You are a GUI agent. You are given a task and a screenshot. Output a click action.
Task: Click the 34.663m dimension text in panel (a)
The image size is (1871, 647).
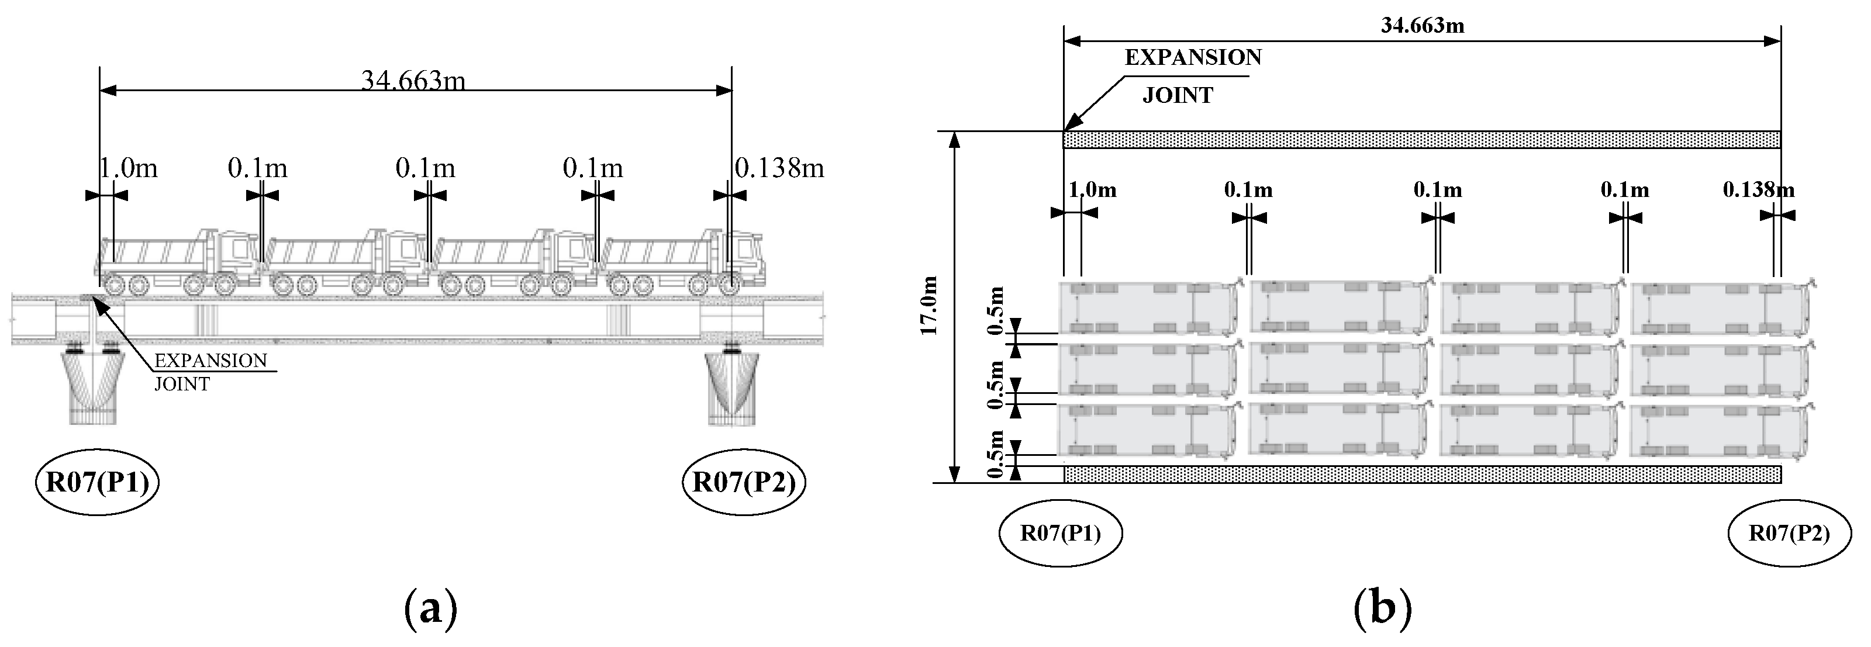pyautogui.click(x=413, y=80)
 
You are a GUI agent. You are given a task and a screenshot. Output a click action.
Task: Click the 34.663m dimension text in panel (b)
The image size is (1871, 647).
pyautogui.click(x=1422, y=26)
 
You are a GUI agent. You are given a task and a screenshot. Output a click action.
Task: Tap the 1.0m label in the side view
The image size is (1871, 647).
pyautogui.click(x=129, y=168)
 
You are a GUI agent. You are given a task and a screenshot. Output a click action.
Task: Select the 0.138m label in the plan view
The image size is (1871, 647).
pyautogui.click(x=1758, y=191)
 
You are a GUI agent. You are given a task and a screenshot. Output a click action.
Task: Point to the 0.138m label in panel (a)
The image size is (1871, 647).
pyautogui.click(x=779, y=168)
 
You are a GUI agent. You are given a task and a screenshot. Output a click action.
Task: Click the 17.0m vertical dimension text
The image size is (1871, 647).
pyautogui.click(x=930, y=306)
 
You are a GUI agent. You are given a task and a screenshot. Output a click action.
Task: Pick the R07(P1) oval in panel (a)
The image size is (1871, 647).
pyautogui.click(x=97, y=482)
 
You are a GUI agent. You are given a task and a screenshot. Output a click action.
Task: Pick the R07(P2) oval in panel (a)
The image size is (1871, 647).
pyautogui.click(x=744, y=482)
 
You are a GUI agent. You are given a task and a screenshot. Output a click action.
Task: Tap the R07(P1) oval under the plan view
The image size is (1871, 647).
pyautogui.click(x=1061, y=534)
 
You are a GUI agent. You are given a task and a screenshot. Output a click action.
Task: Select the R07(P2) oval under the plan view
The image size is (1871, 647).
pyautogui.click(x=1789, y=534)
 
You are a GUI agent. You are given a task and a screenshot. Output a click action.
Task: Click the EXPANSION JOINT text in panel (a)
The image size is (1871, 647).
pyautogui.click(x=210, y=371)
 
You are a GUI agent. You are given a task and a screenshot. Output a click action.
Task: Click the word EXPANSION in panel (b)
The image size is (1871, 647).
pyautogui.click(x=1193, y=58)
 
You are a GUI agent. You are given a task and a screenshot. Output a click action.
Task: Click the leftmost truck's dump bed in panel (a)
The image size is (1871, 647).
pyautogui.click(x=153, y=252)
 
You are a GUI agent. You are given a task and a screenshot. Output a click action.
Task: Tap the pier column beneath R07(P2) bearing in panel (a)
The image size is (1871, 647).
pyautogui.click(x=732, y=389)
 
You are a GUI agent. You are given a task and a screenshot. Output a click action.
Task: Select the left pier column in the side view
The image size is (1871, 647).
pyautogui.click(x=92, y=389)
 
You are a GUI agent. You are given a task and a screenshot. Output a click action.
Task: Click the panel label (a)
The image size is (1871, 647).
pyautogui.click(x=430, y=608)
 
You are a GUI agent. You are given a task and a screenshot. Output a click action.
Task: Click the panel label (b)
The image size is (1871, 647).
pyautogui.click(x=1383, y=608)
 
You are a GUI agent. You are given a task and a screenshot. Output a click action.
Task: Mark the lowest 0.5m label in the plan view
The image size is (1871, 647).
pyautogui.click(x=996, y=455)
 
